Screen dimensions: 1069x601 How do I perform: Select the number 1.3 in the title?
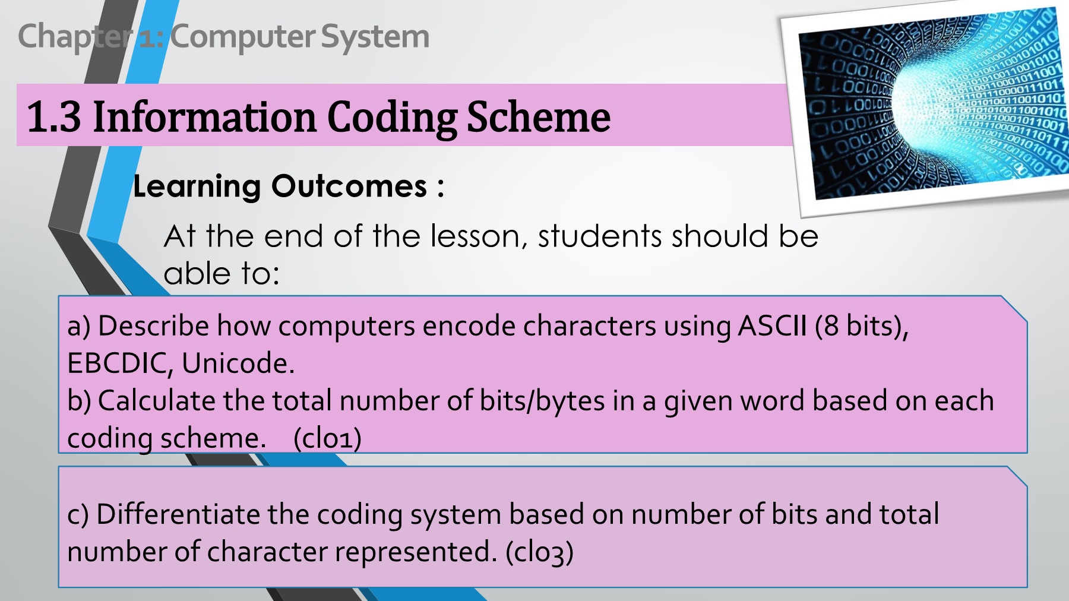[53, 116]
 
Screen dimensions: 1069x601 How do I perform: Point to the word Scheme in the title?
[539, 116]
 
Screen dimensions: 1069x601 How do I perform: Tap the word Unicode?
[238, 363]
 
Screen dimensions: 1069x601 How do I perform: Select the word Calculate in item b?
[156, 401]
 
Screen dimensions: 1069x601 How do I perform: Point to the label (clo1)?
[327, 439]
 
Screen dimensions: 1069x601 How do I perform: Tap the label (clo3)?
[539, 553]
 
